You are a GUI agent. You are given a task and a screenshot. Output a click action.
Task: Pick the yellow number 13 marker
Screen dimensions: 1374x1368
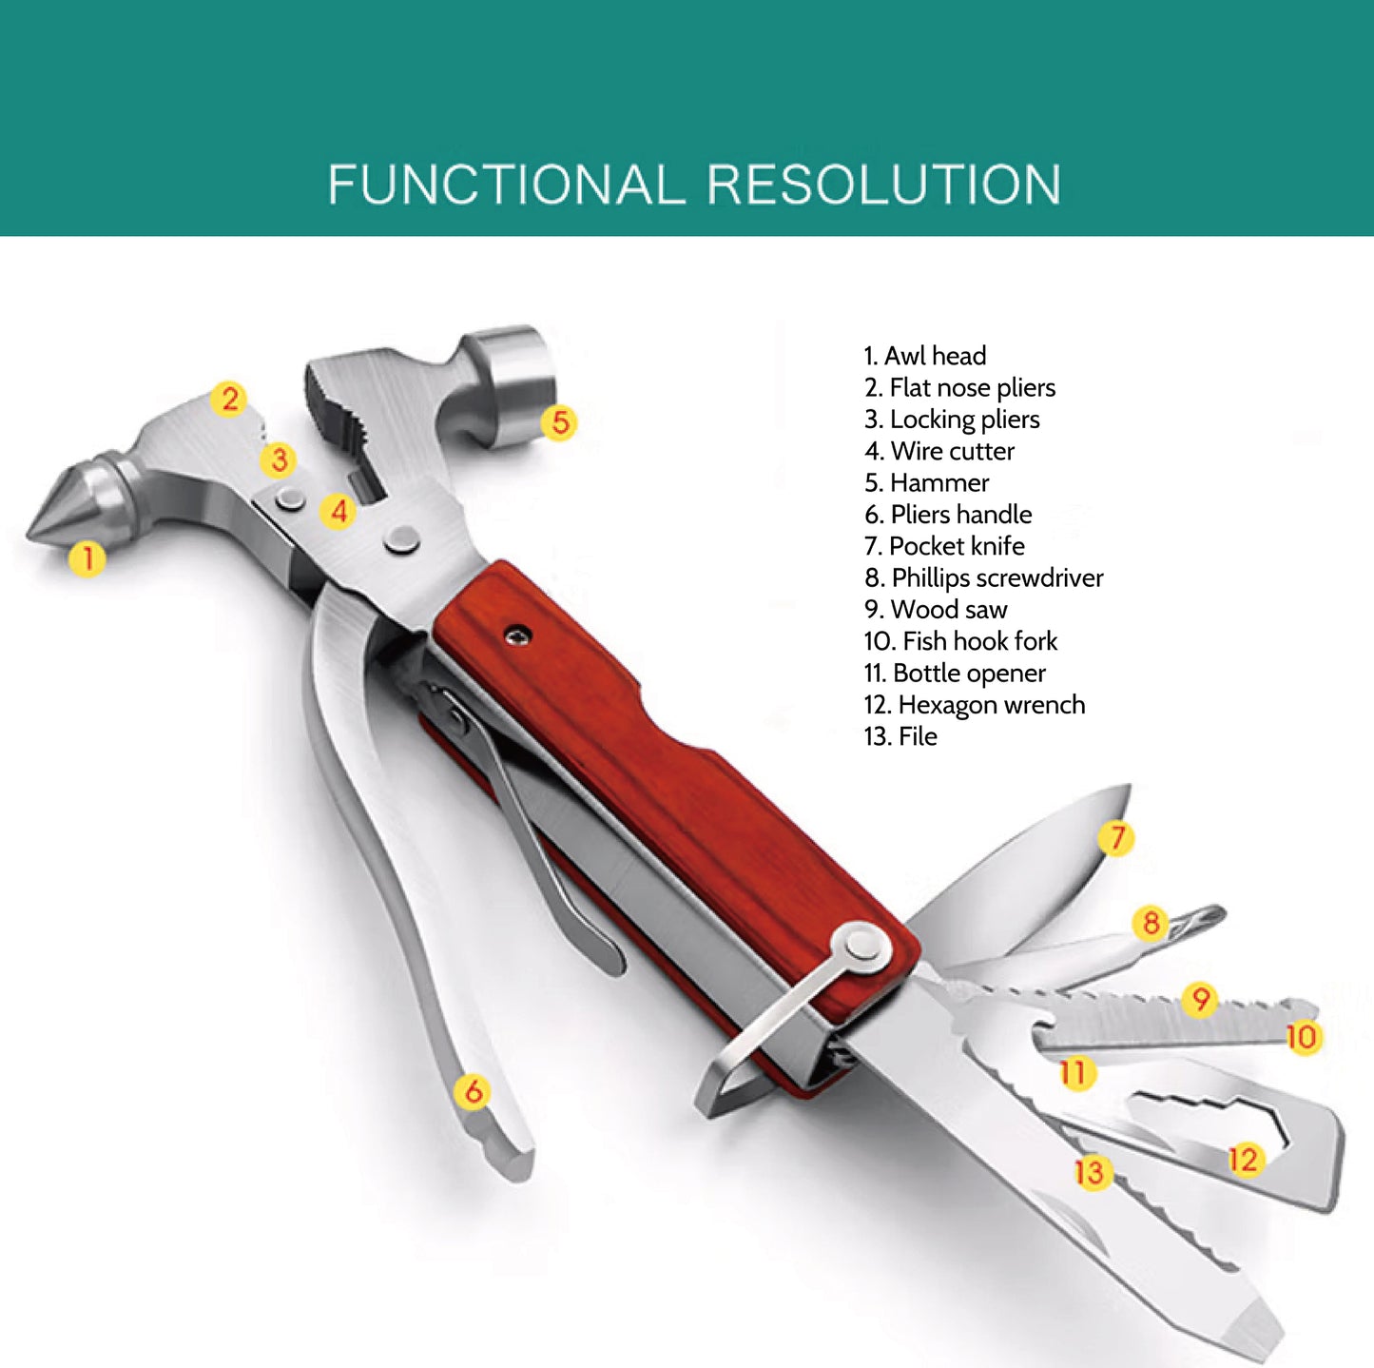pos(1091,1171)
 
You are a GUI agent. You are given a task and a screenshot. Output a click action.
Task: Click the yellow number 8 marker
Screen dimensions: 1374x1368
pos(1151,922)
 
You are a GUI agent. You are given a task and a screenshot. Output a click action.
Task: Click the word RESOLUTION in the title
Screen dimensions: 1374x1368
pos(884,184)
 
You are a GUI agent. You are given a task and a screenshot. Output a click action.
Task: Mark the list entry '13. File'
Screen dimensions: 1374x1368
pos(900,735)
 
